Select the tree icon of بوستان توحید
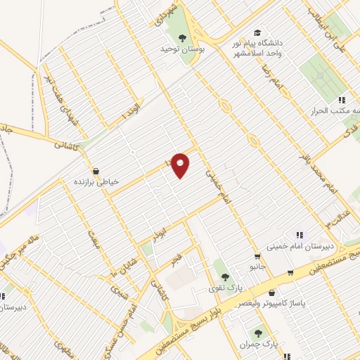click(183, 39)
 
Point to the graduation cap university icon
click(257, 32)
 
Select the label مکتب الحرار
click(335, 112)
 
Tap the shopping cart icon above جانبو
click(257, 255)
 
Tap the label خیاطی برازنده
click(97, 181)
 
